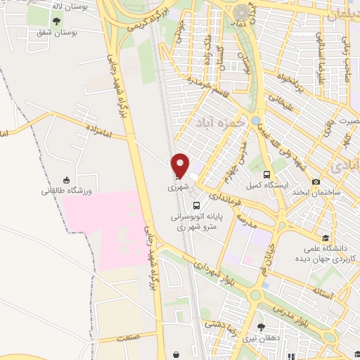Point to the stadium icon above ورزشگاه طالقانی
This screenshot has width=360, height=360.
point(66,179)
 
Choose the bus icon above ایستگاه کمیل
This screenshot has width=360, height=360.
point(266,174)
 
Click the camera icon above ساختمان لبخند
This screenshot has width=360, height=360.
point(316,181)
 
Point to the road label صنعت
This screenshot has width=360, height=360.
point(127,338)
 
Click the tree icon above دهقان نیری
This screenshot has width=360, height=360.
point(261,327)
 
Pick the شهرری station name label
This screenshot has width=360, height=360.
point(178,188)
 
